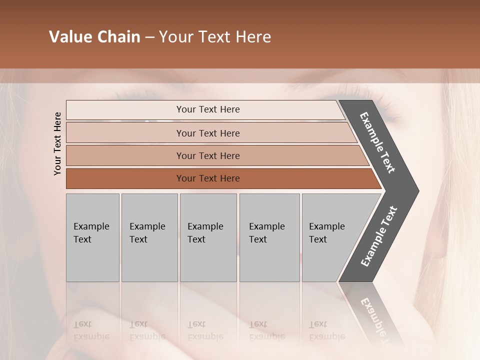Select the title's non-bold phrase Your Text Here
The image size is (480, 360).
pyautogui.click(x=215, y=37)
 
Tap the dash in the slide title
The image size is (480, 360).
pyautogui.click(x=149, y=37)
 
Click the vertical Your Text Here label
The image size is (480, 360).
pyautogui.click(x=57, y=144)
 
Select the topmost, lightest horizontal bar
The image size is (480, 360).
pyautogui.click(x=207, y=109)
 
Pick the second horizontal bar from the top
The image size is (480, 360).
pyautogui.click(x=207, y=133)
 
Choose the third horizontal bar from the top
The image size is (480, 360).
pyautogui.click(x=207, y=155)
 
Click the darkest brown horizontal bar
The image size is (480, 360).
pyautogui.click(x=207, y=178)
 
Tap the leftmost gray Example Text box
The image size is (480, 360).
pyautogui.click(x=92, y=237)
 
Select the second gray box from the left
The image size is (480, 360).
pyautogui.click(x=149, y=237)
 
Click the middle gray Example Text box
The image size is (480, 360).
pyautogui.click(x=208, y=237)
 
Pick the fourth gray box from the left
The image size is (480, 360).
pyautogui.click(x=269, y=237)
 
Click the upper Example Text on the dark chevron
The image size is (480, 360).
pyautogui.click(x=377, y=142)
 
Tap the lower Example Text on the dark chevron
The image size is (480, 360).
pyautogui.click(x=378, y=236)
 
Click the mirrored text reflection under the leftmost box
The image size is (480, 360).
pyautogui.click(x=91, y=330)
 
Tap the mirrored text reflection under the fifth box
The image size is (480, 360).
pyautogui.click(x=326, y=330)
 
